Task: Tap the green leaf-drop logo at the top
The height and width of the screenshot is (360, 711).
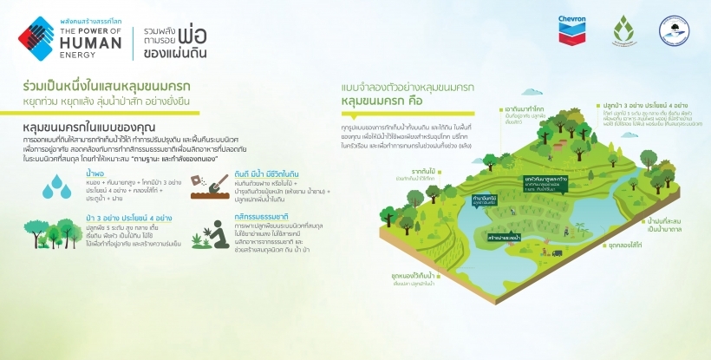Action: click(623, 34)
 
